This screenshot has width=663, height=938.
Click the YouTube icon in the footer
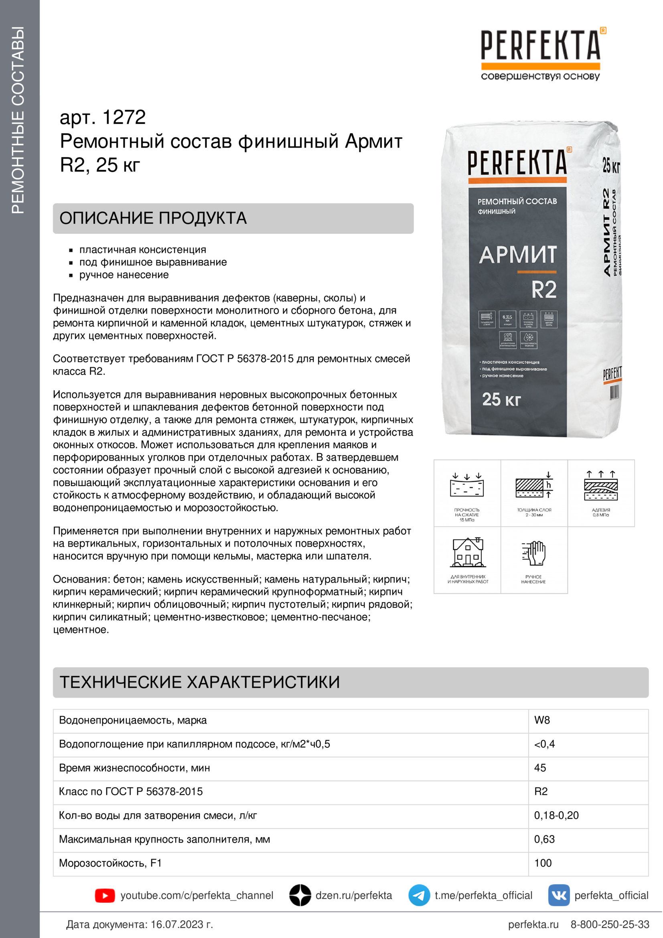[x=105, y=895]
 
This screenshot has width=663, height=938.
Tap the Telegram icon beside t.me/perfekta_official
[x=419, y=895]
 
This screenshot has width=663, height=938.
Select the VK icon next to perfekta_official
[x=558, y=895]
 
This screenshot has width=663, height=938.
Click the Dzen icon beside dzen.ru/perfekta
[x=300, y=895]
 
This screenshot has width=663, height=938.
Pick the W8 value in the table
[x=542, y=720]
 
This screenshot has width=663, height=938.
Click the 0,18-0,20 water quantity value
[x=556, y=815]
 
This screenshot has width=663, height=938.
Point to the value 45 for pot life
[x=540, y=768]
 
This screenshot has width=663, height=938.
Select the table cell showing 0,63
[x=544, y=839]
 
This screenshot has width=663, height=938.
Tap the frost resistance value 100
[x=543, y=863]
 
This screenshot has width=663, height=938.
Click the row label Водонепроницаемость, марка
[x=133, y=720]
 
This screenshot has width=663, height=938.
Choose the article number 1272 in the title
[x=124, y=117]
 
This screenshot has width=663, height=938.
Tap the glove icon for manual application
[x=534, y=553]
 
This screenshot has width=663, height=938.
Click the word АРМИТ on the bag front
[x=517, y=255]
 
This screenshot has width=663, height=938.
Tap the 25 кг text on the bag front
[x=501, y=399]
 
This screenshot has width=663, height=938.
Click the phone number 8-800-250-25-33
[x=610, y=924]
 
